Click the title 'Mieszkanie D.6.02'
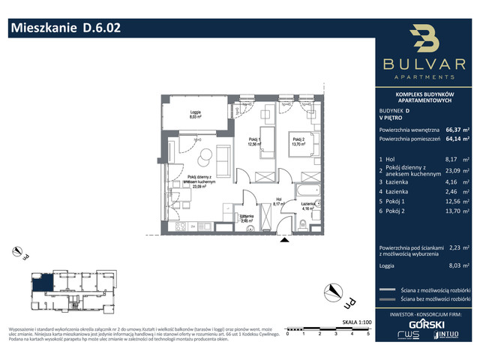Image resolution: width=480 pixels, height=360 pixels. click(63, 28)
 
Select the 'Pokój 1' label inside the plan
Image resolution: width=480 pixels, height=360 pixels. click(256, 142)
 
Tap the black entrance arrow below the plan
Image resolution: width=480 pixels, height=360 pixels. click(283, 240)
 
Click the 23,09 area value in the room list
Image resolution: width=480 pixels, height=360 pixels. click(452, 171)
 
